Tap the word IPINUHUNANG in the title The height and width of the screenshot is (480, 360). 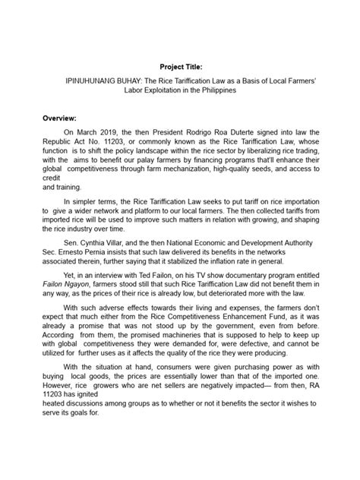96,78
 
